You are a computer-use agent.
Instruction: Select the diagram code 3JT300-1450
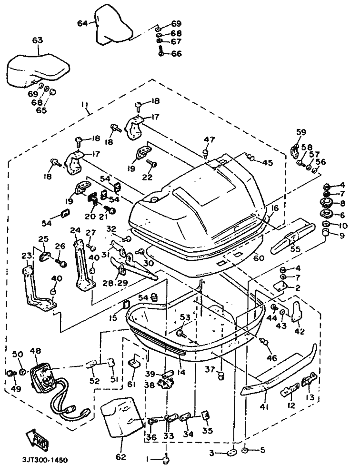pyautogui.click(x=44, y=460)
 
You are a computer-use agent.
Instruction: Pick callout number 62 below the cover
pyautogui.click(x=120, y=458)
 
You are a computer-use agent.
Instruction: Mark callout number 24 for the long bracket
pyautogui.click(x=75, y=230)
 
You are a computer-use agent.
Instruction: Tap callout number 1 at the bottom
pyautogui.click(x=148, y=459)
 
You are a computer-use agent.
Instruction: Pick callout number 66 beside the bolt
pyautogui.click(x=177, y=54)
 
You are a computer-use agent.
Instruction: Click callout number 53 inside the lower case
pyautogui.click(x=185, y=317)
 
